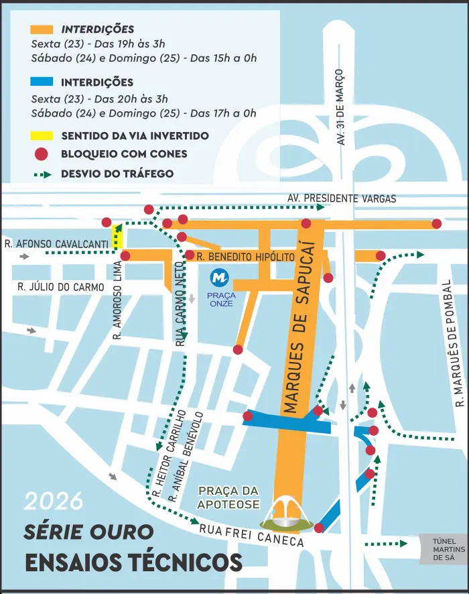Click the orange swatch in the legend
coord(42,29)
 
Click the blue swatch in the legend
coord(42,82)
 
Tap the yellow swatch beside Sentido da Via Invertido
coord(42,135)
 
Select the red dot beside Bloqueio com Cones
coord(42,154)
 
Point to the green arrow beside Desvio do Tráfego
coord(42,174)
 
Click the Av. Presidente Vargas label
coord(342,198)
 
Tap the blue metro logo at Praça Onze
coord(219,276)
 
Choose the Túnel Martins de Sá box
coord(443,549)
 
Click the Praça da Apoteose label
coord(228,497)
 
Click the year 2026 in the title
coord(54,501)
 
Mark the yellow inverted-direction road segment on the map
coord(118,236)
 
